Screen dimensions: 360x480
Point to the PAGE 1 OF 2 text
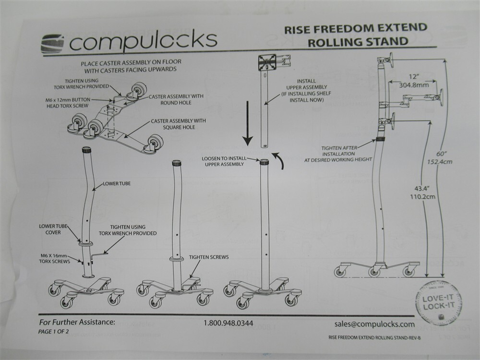point(53,331)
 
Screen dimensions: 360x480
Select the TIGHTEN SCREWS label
point(208,257)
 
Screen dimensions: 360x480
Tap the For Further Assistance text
point(76,322)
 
